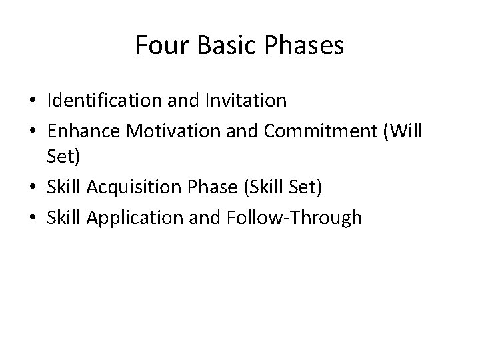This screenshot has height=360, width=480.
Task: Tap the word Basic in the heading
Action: [219, 46]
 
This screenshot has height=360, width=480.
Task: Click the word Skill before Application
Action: [62, 217]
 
